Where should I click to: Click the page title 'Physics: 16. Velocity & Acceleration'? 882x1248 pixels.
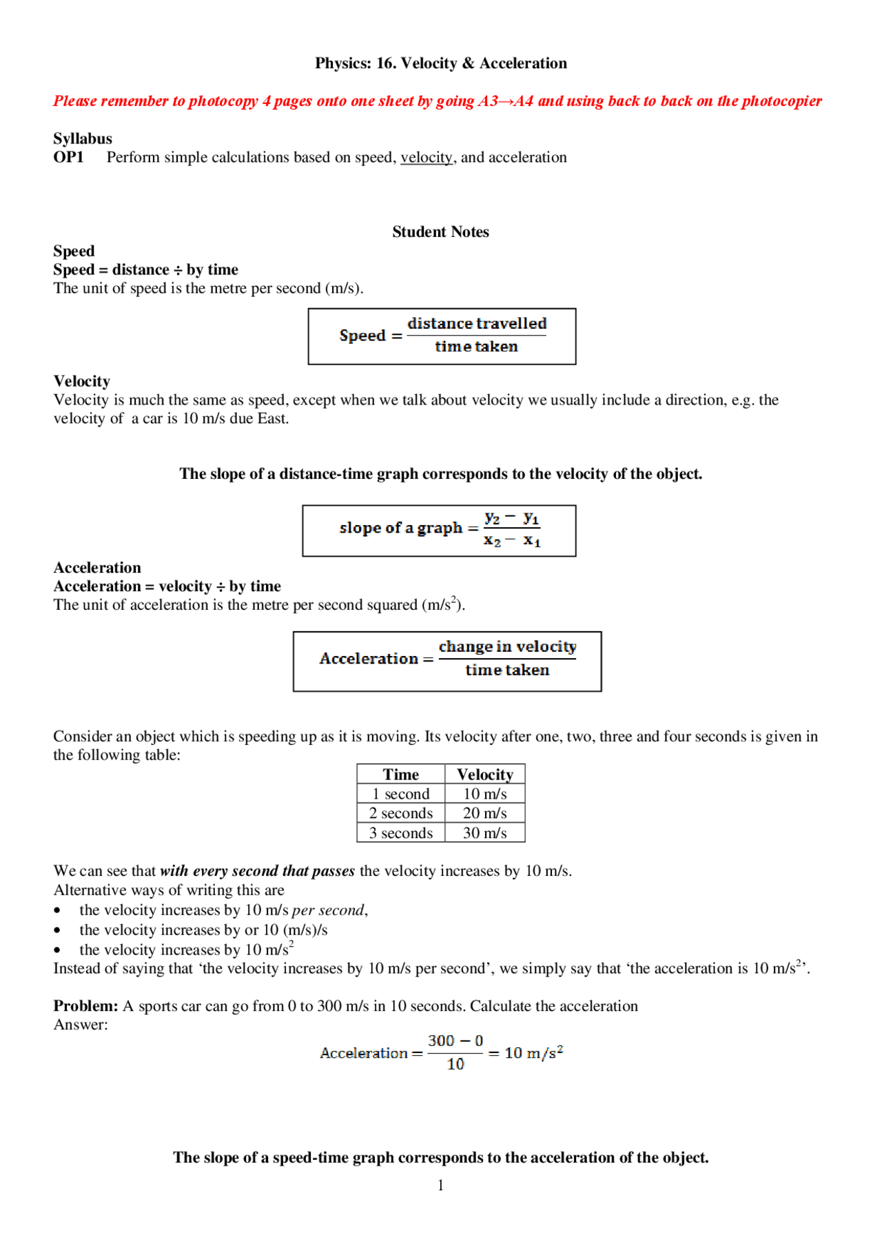[x=440, y=63]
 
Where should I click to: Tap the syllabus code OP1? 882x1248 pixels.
[x=68, y=157]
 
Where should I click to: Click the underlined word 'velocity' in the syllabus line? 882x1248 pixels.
[x=426, y=157]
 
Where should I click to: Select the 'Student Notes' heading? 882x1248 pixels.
[x=440, y=232]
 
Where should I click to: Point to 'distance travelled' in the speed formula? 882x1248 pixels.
[x=476, y=323]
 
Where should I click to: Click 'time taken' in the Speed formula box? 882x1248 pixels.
[x=476, y=347]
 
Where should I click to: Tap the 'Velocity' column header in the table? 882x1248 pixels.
[x=484, y=775]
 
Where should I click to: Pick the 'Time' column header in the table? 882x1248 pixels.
[x=400, y=775]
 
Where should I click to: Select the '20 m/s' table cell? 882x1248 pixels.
[x=484, y=813]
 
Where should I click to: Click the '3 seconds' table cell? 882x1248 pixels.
[x=400, y=832]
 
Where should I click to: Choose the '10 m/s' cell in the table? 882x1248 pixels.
[x=484, y=794]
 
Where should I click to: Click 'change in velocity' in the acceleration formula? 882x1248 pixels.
[x=507, y=646]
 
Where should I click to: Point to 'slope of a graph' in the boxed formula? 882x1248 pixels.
[x=400, y=528]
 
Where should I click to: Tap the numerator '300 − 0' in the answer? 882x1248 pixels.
[x=455, y=1041]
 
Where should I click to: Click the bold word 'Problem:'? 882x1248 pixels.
[x=85, y=1006]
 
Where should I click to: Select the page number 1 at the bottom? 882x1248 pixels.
[x=440, y=1185]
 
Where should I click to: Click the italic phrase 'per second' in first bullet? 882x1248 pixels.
[x=328, y=910]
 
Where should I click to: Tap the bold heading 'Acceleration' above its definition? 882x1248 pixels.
[x=97, y=568]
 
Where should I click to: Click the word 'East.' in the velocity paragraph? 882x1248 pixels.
[x=273, y=418]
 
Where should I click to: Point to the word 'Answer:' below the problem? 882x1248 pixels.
[x=81, y=1025]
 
